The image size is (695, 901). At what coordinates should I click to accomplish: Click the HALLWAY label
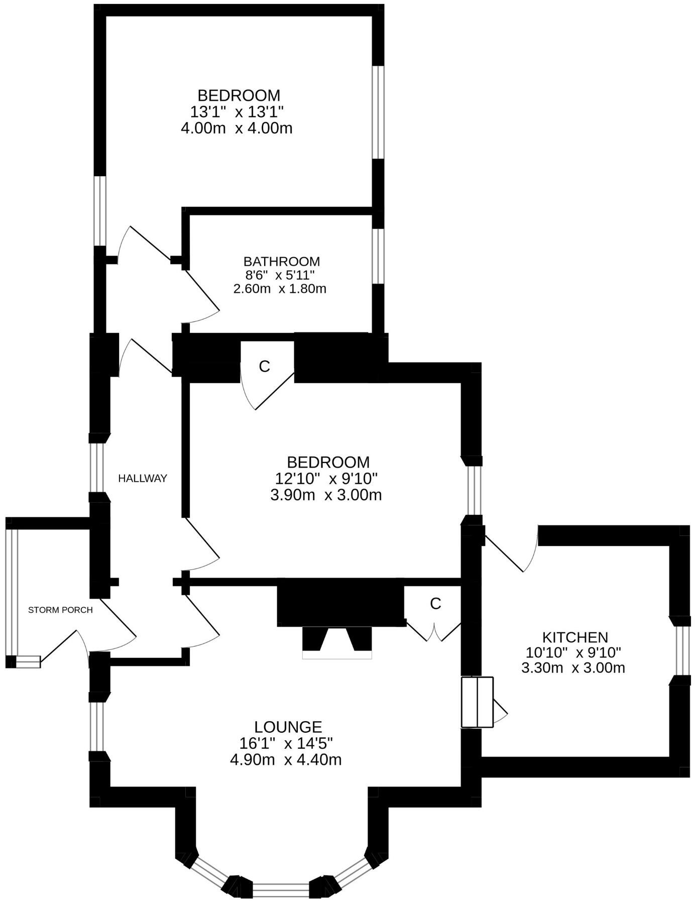click(x=142, y=479)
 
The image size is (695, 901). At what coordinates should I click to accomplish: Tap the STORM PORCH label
click(x=60, y=610)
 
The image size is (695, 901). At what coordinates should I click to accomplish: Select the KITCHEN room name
click(x=575, y=637)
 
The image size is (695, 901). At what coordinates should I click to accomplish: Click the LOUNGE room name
click(x=288, y=727)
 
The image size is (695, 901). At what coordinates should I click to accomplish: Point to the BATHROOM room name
click(x=281, y=262)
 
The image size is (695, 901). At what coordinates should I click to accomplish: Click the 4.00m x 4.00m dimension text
click(x=236, y=128)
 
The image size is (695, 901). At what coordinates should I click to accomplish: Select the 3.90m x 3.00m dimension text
click(x=326, y=495)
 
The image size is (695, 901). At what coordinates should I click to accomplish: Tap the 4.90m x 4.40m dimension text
click(x=286, y=759)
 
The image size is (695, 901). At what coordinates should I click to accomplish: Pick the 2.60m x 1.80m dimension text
click(x=280, y=289)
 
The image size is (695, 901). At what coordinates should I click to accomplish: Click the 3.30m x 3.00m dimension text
click(x=573, y=668)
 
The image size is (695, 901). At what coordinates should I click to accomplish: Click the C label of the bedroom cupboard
click(x=264, y=367)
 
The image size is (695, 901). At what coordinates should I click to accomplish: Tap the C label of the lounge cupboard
click(x=435, y=604)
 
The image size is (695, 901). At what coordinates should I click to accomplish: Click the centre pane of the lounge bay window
click(x=281, y=889)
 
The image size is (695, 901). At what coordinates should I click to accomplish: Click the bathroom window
click(x=378, y=256)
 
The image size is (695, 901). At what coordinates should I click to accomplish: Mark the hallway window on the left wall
click(x=96, y=468)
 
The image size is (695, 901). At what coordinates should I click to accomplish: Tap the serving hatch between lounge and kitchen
click(x=477, y=702)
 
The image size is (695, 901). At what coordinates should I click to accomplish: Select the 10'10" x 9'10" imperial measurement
click(x=573, y=653)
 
